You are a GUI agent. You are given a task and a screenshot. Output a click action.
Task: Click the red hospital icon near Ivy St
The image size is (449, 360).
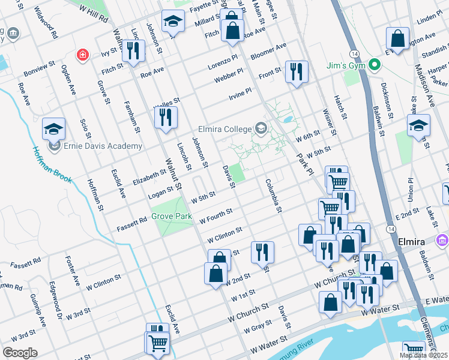click(x=81, y=55)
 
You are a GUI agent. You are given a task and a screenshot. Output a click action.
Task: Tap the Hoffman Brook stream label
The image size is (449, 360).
click(x=52, y=165)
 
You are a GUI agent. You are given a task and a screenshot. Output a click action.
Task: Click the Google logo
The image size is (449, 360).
click(x=20, y=352)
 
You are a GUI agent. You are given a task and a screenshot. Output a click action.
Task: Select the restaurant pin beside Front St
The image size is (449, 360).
click(x=296, y=72)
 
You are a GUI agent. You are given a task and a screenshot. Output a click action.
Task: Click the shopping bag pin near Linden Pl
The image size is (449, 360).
click(x=397, y=39)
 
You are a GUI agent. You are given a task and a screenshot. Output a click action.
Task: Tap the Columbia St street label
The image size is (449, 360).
click(x=273, y=196)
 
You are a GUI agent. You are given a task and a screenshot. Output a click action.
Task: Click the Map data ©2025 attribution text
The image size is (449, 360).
click(x=423, y=355)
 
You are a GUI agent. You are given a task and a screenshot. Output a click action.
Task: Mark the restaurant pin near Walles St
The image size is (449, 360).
click(x=166, y=117)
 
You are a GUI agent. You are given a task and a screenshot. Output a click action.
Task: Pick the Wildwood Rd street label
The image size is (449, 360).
click(x=46, y=23)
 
